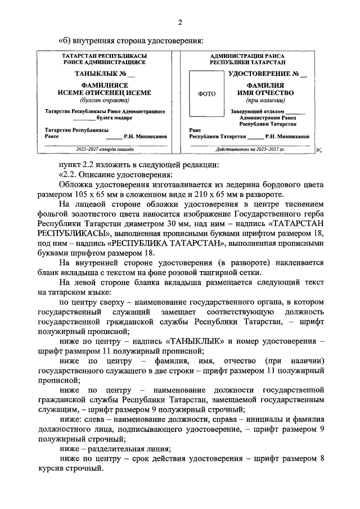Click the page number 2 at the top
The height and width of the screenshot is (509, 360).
180,22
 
